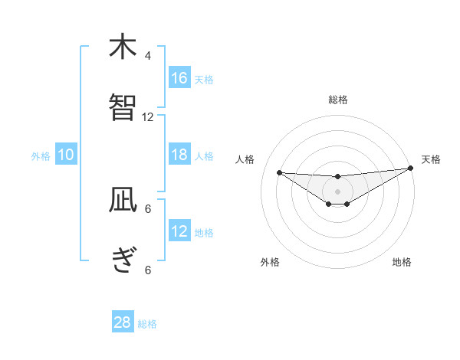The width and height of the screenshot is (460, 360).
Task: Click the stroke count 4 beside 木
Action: [x=148, y=55]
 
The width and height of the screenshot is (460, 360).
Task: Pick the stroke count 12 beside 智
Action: [x=148, y=117]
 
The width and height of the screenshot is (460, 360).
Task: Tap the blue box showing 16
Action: [x=179, y=78]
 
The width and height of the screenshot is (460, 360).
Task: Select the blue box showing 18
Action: [x=179, y=155]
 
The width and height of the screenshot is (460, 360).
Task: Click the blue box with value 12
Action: [x=179, y=231]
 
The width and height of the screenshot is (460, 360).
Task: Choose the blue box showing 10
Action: [x=66, y=155]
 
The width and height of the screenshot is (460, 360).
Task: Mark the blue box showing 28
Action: [x=123, y=322]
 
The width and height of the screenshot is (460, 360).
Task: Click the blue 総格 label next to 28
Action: [x=148, y=324]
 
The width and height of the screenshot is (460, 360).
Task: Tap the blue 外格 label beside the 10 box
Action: [x=41, y=156]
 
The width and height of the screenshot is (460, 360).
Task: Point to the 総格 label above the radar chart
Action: [x=338, y=100]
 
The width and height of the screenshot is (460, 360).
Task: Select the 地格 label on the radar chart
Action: [x=402, y=262]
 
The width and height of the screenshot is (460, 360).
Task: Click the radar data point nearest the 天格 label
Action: [x=411, y=169]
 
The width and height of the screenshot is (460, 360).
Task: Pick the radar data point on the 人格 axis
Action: [x=279, y=172]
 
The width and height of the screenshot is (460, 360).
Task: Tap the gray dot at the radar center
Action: [x=337, y=191]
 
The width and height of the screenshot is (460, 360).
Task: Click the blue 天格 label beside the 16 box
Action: [x=204, y=80]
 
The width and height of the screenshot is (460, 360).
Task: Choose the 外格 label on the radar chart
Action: [x=270, y=262]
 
